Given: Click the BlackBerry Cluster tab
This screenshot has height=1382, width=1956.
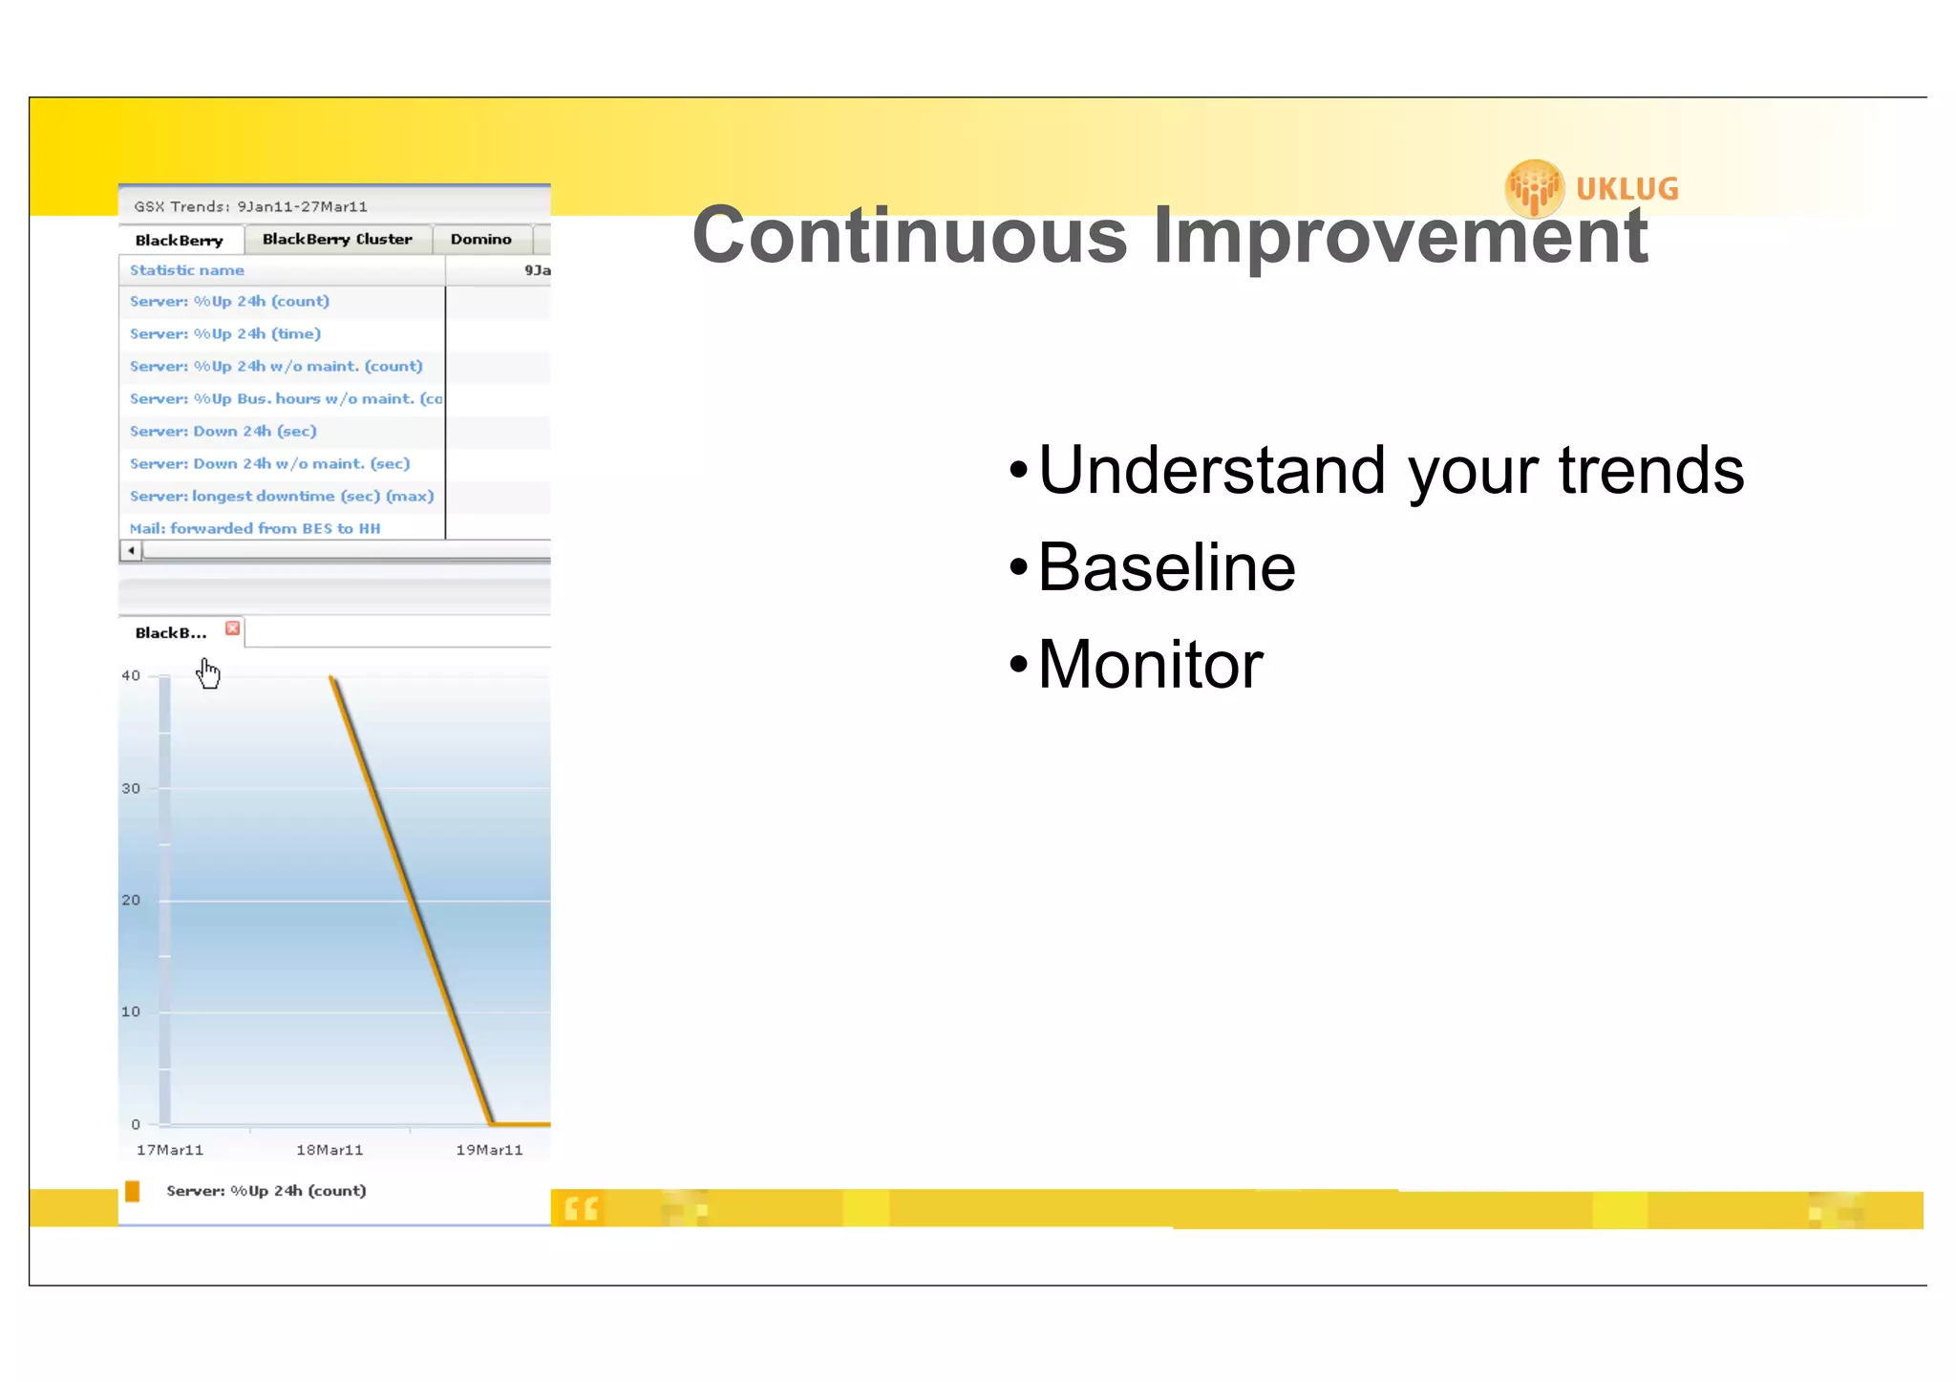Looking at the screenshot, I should (x=337, y=239).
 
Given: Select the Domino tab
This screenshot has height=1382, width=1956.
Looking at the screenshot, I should (x=480, y=239).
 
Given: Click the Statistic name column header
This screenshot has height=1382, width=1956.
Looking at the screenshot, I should (x=187, y=270).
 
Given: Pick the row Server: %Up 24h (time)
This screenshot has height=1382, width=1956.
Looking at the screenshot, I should (x=225, y=333).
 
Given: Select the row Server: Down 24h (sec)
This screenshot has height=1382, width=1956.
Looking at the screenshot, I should (x=223, y=431).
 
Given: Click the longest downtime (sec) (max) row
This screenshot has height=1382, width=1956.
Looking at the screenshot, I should (x=282, y=496).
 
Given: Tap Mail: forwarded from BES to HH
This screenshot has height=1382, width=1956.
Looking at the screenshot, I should (x=255, y=528).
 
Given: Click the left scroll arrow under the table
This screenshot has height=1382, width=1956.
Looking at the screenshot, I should (x=131, y=550).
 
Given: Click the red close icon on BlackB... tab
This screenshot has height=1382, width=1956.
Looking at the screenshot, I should (x=232, y=628).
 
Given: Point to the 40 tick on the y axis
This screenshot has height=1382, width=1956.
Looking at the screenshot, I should (x=131, y=675).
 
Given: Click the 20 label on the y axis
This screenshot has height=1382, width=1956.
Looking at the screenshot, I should (x=131, y=900).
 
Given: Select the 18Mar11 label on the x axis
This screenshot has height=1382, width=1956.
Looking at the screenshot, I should (x=330, y=1150).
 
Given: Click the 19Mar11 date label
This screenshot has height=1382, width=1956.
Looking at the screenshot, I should (x=489, y=1150).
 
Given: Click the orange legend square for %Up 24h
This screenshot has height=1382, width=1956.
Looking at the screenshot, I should (x=133, y=1191).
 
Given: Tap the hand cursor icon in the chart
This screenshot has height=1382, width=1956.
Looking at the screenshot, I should (x=207, y=673).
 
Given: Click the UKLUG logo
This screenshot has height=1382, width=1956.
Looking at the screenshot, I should (x=1592, y=188).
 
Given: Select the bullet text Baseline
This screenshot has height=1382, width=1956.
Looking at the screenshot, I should (x=1166, y=567).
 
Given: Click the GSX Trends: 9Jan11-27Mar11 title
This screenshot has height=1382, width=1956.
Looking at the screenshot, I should (x=250, y=206).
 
